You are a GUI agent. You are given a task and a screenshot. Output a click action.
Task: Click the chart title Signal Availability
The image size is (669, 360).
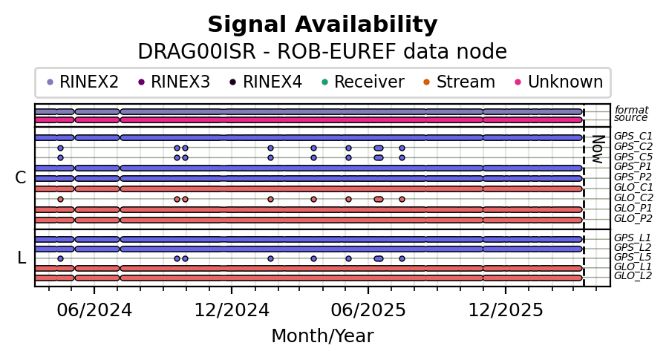[x=322, y=24]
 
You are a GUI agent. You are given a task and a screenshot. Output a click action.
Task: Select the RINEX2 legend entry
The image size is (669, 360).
[x=82, y=82]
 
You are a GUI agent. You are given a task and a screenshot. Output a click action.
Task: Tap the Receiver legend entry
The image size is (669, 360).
[x=362, y=82]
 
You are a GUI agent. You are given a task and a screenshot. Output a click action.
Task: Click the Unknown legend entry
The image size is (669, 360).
[x=559, y=82]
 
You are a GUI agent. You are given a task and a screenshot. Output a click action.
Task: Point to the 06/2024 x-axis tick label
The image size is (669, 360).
[x=94, y=310]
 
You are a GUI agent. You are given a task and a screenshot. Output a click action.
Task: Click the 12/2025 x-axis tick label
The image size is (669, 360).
[x=506, y=310]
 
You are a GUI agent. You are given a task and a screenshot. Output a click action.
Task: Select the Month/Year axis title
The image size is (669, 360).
[x=322, y=336]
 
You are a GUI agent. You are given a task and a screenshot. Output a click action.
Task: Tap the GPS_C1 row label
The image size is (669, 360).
[x=633, y=136]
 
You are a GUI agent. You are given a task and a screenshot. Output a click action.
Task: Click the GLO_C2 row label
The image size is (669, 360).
[x=633, y=197]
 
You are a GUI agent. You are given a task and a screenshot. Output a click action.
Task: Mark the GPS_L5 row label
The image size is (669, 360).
[x=633, y=258]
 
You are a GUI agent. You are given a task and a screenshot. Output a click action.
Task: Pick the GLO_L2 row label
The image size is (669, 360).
[x=633, y=275]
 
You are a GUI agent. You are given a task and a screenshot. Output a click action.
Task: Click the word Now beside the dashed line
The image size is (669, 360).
[x=599, y=149]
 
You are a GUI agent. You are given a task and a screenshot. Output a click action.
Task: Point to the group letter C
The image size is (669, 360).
[x=21, y=177]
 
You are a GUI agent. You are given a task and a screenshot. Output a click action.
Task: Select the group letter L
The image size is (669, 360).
[x=22, y=258]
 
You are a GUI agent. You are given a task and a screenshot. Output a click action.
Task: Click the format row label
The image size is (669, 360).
[x=631, y=110]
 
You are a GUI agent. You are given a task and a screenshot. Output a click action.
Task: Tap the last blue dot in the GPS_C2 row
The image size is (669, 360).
[x=402, y=148]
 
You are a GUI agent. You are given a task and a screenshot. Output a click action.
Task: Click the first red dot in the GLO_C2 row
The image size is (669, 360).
[x=60, y=199]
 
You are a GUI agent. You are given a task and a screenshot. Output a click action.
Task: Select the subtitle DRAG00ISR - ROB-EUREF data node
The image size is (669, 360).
[x=322, y=52]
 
